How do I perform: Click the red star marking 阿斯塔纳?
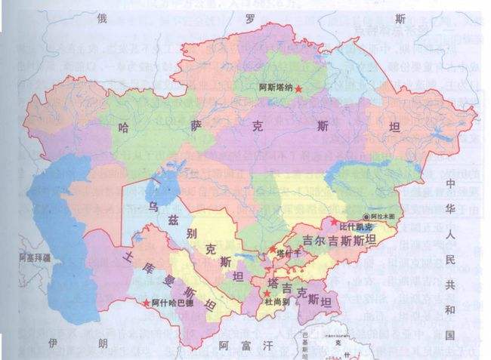coord(299,89)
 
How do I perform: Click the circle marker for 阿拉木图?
coord(367,216)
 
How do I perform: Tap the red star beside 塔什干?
coord(273,249)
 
